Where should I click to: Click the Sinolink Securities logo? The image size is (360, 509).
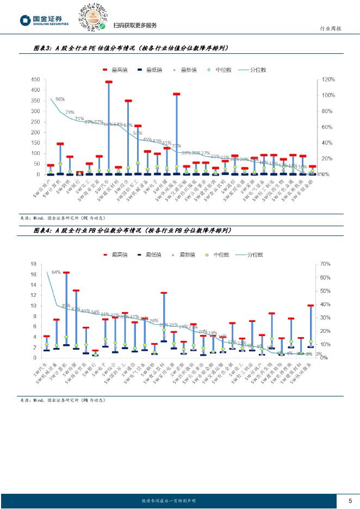coord(44,21)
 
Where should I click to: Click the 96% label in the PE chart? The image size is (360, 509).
coord(60,100)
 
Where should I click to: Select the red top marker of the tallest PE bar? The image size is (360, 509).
coord(109,82)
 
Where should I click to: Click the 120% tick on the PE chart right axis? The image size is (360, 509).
coord(327,79)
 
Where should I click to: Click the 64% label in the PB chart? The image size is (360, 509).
coord(56,272)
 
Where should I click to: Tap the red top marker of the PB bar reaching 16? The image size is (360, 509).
coord(66,272)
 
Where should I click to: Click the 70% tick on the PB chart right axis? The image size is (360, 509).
coord(325,264)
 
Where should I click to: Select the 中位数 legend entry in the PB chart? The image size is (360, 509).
coord(218,254)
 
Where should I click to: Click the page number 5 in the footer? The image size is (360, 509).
coord(350,500)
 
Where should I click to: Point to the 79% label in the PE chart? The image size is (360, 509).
coord(70,113)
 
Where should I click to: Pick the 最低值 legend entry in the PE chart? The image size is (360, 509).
coord(148,70)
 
